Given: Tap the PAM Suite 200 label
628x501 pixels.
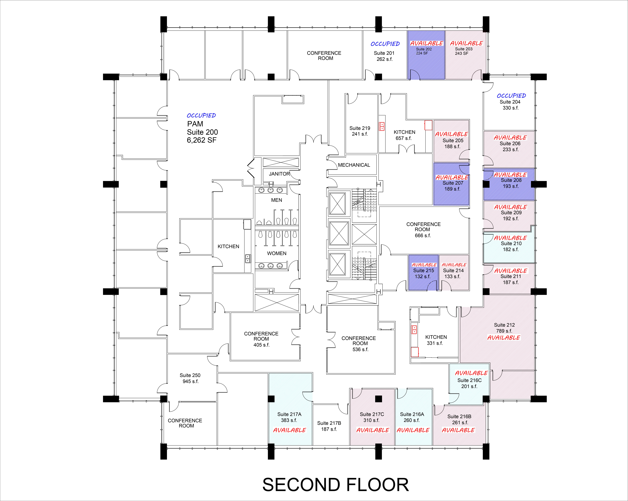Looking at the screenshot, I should click(202, 132).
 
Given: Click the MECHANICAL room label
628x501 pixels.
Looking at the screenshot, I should click(354, 165).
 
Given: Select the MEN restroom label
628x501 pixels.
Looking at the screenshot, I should click(276, 200).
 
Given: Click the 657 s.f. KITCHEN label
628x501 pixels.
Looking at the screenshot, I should click(404, 135).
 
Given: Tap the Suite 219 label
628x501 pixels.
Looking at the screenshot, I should click(360, 131).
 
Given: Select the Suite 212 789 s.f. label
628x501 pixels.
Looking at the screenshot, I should click(504, 328).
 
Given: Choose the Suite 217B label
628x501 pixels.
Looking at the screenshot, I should click(329, 426).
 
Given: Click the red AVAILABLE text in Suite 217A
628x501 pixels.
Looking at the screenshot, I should click(290, 430).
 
